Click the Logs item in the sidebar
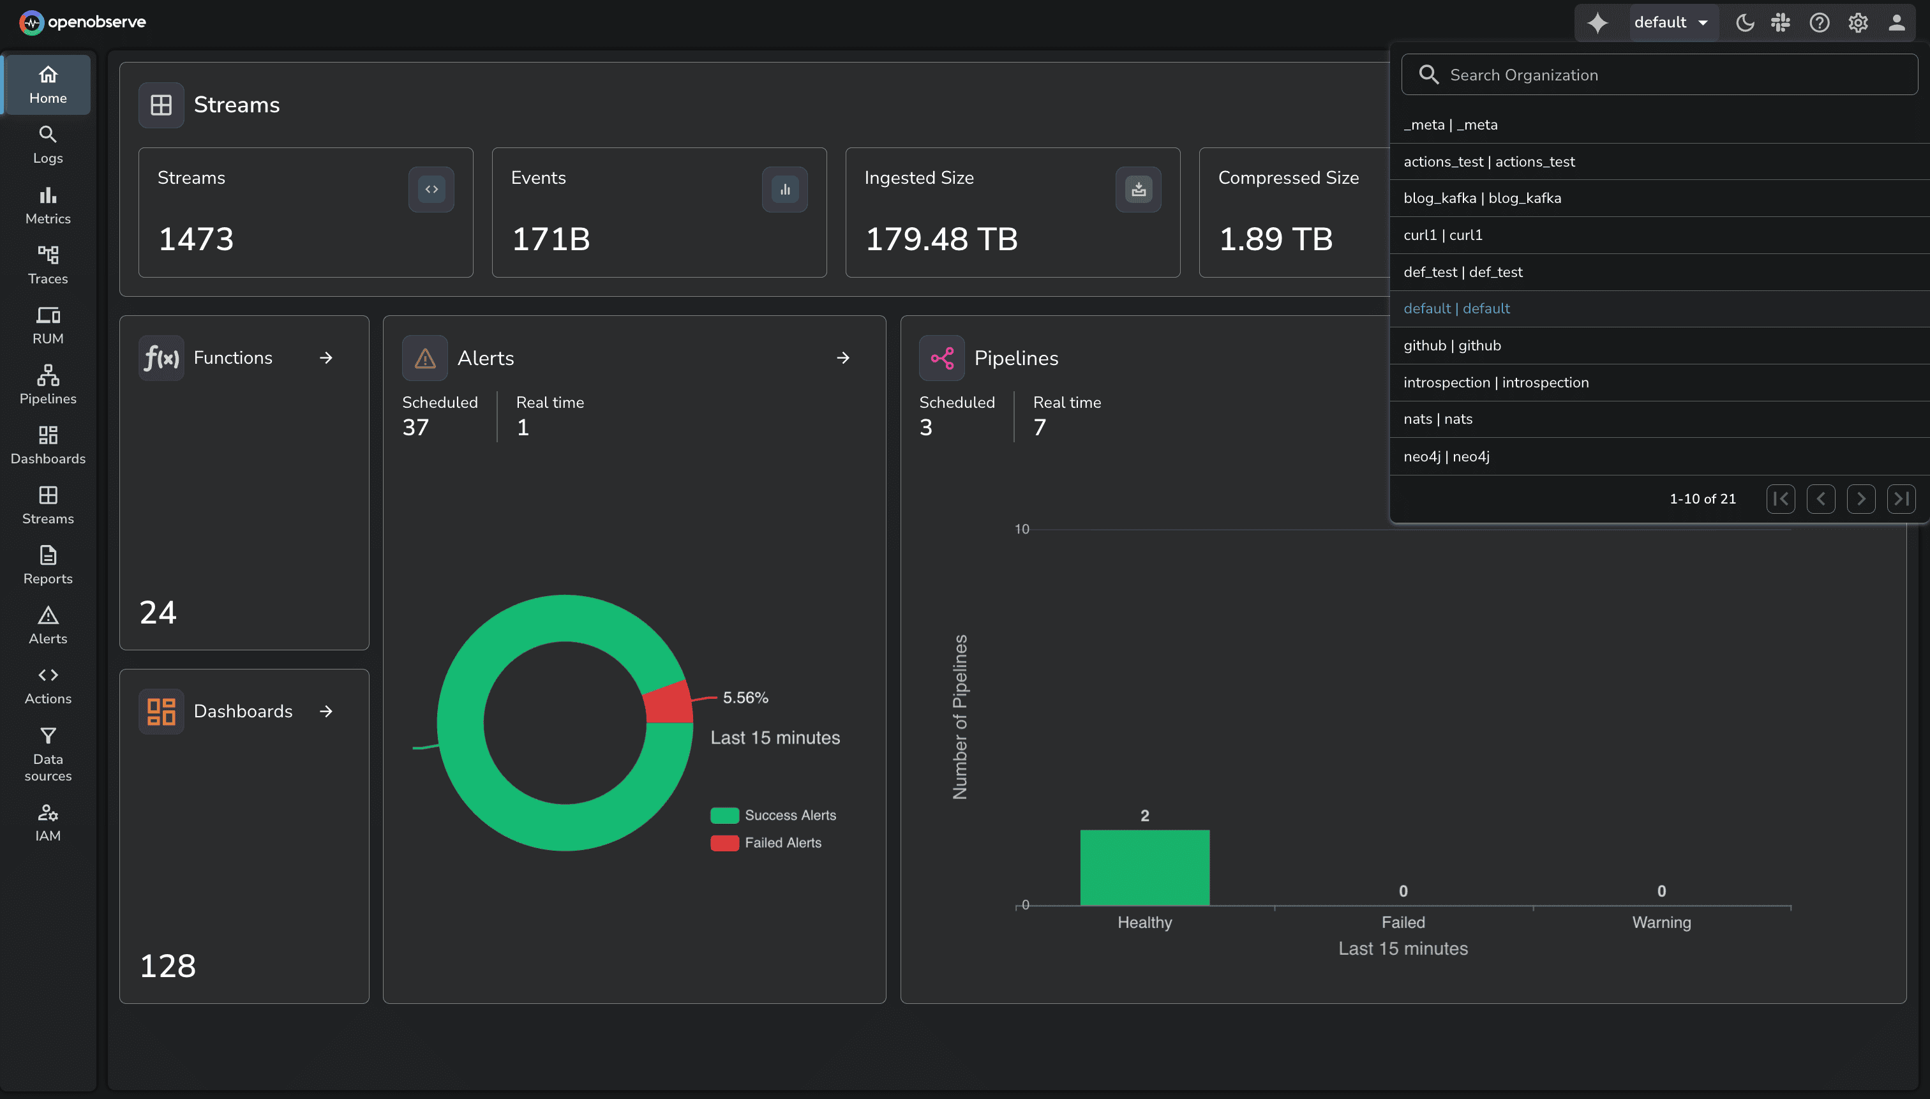pos(48,144)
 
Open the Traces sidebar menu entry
pos(48,265)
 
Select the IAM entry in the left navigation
pos(48,822)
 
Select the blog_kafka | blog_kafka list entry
pos(1482,198)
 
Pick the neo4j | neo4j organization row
pos(1446,456)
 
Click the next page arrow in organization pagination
pos(1860,499)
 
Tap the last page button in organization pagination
pos(1901,499)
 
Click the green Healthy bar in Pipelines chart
pos(1144,867)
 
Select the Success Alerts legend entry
pos(789,815)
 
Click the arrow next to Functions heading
pos(326,358)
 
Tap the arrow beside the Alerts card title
pos(843,358)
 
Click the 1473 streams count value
pos(196,239)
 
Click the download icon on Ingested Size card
pos(1138,190)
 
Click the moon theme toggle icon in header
pos(1744,22)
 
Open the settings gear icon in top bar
pos(1857,22)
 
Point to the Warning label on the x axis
pos(1661,922)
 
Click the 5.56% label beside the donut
pos(745,698)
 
